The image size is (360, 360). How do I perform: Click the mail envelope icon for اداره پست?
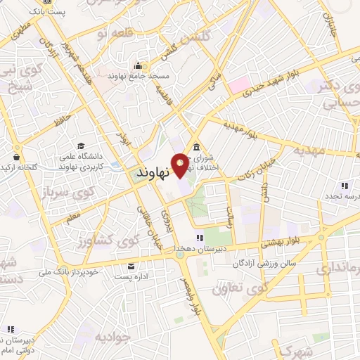click(x=131, y=266)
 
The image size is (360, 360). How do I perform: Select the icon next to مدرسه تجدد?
click(x=345, y=186)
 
